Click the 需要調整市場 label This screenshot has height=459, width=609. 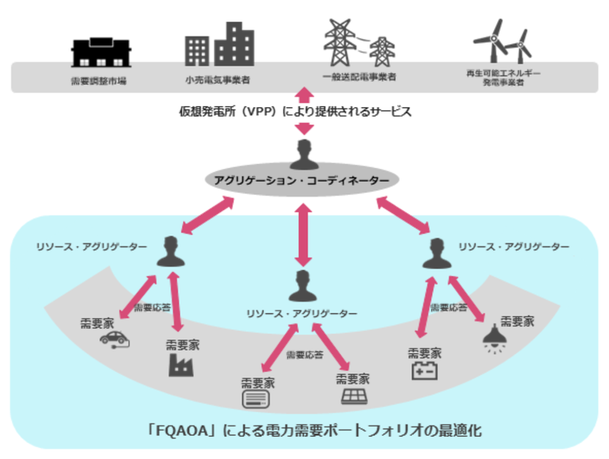coord(98,81)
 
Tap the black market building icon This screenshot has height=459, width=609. coord(101,52)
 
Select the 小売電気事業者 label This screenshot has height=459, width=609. coord(217,80)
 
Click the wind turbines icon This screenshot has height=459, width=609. coord(503,41)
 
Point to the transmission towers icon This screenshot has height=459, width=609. coord(360,43)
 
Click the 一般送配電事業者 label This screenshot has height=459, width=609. coord(360,76)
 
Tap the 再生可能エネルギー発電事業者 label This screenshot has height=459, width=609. coord(504,78)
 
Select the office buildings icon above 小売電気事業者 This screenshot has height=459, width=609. coord(220,44)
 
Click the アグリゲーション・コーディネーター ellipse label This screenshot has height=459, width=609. coord(302,181)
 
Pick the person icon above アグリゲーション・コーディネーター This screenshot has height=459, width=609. coord(304,155)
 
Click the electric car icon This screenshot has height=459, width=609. coord(114,340)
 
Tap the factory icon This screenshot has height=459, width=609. coord(181,365)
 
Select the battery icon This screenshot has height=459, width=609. coord(424,370)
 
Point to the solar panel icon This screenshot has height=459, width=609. coord(354,397)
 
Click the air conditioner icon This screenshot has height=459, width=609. coord(255,400)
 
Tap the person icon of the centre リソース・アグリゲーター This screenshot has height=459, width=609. coord(303,286)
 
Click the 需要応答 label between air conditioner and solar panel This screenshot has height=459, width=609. coord(304,355)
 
